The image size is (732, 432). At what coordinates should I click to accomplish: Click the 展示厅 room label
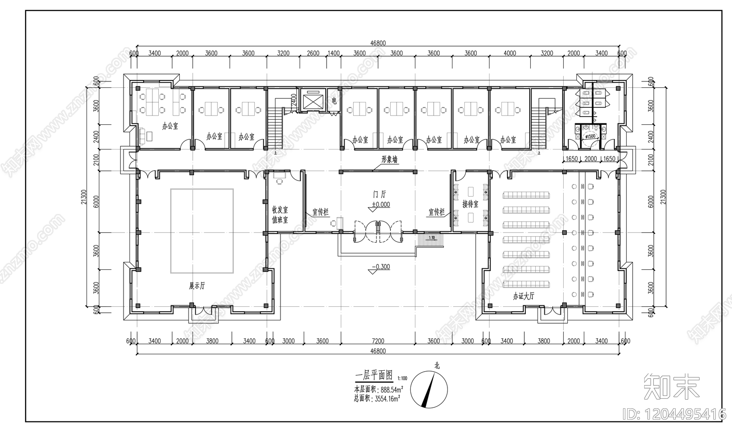tap(197, 286)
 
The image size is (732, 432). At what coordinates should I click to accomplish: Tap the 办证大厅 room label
tap(523, 296)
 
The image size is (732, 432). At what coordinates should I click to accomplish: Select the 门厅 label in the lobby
tap(379, 195)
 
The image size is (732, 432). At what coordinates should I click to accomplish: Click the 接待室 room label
tap(470, 204)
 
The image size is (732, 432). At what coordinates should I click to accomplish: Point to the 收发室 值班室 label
tap(280, 214)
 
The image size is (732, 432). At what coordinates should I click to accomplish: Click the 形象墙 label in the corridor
tap(389, 160)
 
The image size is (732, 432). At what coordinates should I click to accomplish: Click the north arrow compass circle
tap(429, 389)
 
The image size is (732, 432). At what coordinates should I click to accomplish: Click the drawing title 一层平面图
tap(374, 375)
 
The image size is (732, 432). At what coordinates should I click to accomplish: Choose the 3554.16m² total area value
tap(388, 398)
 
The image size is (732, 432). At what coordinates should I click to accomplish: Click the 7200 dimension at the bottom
tap(378, 341)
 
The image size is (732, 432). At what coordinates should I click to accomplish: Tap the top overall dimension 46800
tap(378, 43)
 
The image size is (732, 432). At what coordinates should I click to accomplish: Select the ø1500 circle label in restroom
tap(591, 136)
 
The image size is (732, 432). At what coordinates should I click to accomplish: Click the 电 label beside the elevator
tap(334, 101)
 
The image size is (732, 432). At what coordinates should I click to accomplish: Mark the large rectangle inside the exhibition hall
tap(202, 231)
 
